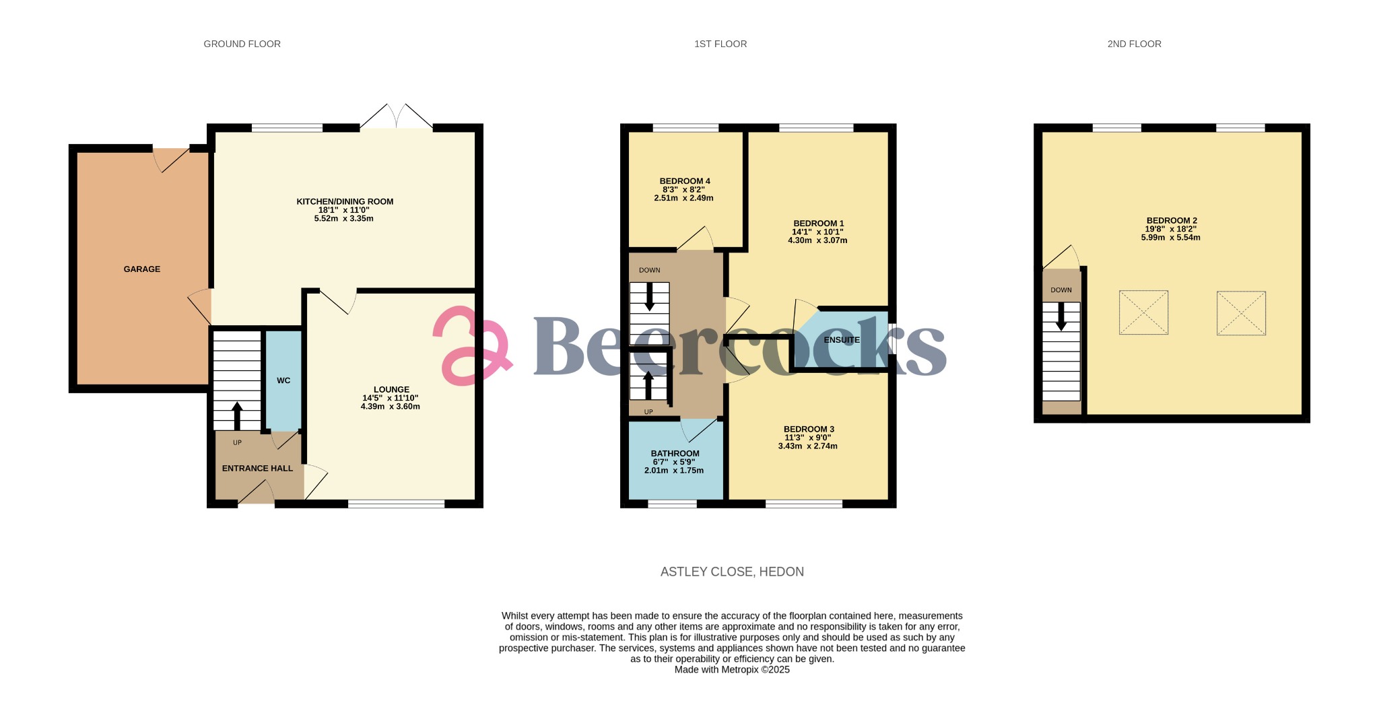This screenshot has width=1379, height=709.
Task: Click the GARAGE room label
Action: [142, 269]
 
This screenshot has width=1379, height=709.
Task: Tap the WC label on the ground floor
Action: [283, 381]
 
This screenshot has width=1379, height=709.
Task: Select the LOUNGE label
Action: [391, 390]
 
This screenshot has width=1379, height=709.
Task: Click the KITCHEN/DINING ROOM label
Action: [345, 202]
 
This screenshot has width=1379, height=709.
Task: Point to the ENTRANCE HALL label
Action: [257, 469]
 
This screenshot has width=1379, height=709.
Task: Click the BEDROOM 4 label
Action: [685, 181]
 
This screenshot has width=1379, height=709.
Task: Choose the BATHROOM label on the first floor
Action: [675, 454]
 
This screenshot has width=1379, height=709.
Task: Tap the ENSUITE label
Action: [842, 340]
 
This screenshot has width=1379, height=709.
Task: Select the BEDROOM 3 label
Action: [809, 430]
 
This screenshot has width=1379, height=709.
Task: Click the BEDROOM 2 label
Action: [1172, 221]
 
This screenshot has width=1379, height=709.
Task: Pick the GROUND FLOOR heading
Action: [242, 44]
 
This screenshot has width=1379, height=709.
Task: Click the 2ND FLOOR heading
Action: [1134, 44]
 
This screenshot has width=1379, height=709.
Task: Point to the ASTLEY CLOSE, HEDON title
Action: [732, 572]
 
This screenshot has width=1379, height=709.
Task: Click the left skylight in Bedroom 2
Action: [1143, 312]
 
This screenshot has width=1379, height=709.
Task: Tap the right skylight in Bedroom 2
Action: [1241, 313]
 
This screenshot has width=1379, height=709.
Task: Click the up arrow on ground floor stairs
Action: [237, 415]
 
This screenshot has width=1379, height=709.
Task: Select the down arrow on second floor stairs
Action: [1061, 316]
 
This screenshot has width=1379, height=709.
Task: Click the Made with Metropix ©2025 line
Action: [732, 670]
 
